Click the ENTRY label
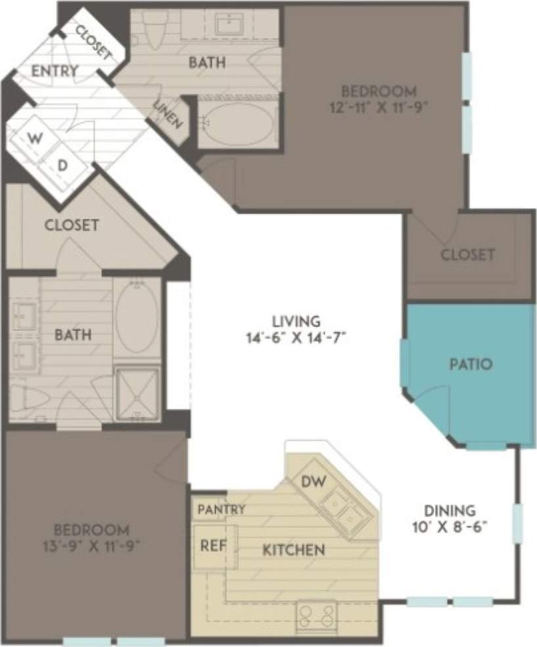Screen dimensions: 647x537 click(55, 70)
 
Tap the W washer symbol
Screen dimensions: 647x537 click(34, 139)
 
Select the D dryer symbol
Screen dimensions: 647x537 click(63, 166)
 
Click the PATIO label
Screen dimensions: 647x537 click(471, 363)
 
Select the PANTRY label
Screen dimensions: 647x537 click(222, 510)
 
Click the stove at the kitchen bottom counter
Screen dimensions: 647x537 click(316, 617)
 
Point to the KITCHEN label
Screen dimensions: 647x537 click(293, 550)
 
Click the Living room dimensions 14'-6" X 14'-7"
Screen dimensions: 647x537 click(297, 339)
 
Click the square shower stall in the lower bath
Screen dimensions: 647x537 click(137, 393)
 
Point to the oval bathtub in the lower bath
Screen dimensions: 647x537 click(137, 317)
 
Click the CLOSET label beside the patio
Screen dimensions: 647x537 click(467, 254)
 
